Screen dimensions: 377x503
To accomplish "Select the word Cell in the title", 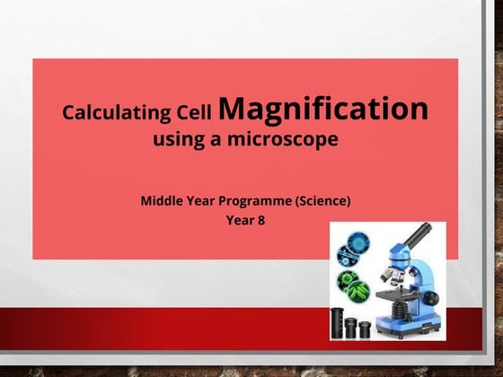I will pyautogui.click(x=196, y=114).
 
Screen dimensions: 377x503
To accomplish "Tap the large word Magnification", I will pyautogui.click(x=323, y=110).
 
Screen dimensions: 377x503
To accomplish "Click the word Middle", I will pyautogui.click(x=163, y=200).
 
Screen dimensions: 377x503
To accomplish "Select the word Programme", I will pyautogui.click(x=255, y=200).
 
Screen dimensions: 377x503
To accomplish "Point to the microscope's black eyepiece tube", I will pyautogui.click(x=415, y=236).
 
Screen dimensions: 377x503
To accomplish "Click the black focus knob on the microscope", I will pyautogui.click(x=431, y=296).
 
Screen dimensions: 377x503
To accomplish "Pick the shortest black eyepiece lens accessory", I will pyautogui.click(x=365, y=329).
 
